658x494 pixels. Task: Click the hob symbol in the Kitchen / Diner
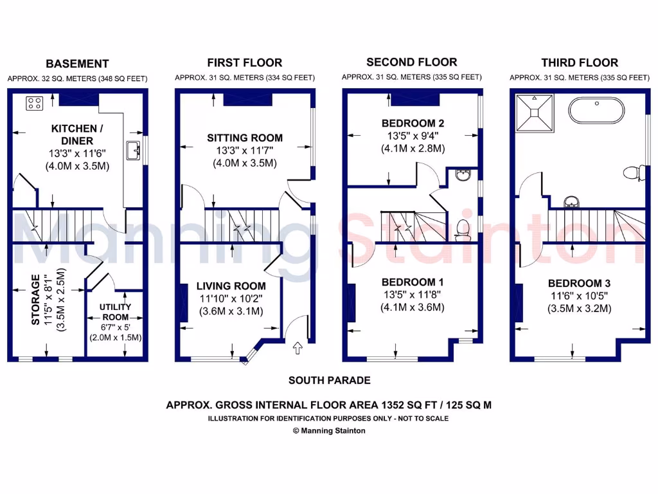pyautogui.click(x=34, y=102)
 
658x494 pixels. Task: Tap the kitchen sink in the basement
pyautogui.click(x=134, y=151)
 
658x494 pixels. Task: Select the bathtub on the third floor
pyautogui.click(x=596, y=111)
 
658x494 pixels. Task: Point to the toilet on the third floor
pyautogui.click(x=634, y=172)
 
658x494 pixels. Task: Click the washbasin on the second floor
pyautogui.click(x=463, y=175)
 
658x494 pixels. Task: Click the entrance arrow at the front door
pyautogui.click(x=297, y=348)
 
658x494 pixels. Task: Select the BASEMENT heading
pyautogui.click(x=77, y=64)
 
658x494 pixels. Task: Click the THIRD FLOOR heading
pyautogui.click(x=580, y=62)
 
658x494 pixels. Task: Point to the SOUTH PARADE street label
pyautogui.click(x=329, y=380)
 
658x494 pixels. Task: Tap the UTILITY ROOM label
pyautogui.click(x=116, y=312)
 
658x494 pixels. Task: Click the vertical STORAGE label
pyautogui.click(x=35, y=300)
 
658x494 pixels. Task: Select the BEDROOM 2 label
pyautogui.click(x=413, y=123)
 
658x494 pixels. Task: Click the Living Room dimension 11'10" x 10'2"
pyautogui.click(x=230, y=298)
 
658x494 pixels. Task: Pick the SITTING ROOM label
pyautogui.click(x=245, y=138)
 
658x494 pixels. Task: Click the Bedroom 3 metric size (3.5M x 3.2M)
pyautogui.click(x=579, y=308)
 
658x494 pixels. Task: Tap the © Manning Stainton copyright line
pyautogui.click(x=329, y=431)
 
